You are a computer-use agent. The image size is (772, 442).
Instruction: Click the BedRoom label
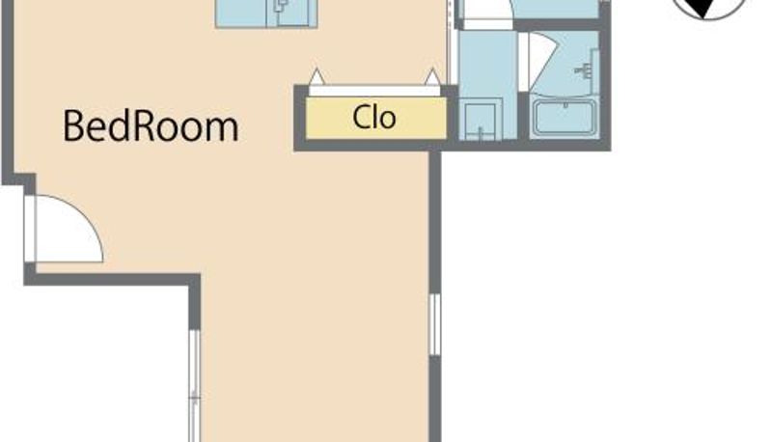pos(151,126)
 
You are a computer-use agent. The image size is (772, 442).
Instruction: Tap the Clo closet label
pos(374,118)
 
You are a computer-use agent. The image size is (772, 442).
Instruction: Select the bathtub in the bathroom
pos(565,117)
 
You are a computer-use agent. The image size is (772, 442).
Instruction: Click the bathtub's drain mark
pos(565,105)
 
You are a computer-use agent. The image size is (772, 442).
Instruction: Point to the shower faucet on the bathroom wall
pos(585,70)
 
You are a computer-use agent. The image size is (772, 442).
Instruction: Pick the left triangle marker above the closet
pos(317,76)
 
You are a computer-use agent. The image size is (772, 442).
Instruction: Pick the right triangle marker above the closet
pos(432,76)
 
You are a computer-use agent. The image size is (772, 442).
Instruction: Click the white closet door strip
pos(375,91)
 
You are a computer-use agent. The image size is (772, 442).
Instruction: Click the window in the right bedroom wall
pos(435,324)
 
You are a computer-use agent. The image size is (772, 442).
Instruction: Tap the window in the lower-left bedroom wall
pos(195,386)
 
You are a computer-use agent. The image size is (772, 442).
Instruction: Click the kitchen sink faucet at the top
pos(282,6)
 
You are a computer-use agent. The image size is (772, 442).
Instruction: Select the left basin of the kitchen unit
pos(241,12)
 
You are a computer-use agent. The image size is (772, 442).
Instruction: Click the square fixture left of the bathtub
pos(480,119)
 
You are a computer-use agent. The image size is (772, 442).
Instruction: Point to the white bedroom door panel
pos(31,229)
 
